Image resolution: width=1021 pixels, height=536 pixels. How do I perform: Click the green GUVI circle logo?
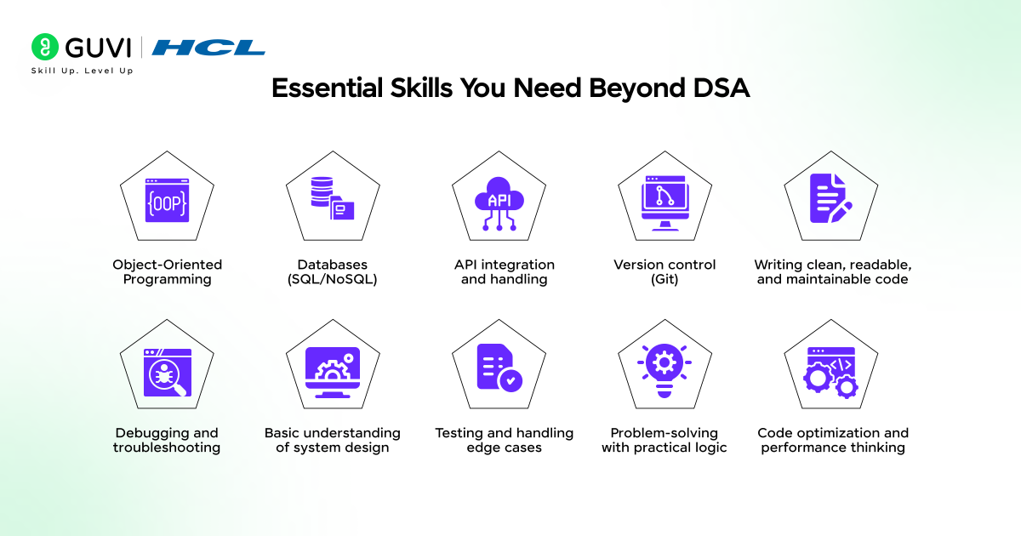tap(44, 47)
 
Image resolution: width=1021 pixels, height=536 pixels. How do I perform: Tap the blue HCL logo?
tap(208, 48)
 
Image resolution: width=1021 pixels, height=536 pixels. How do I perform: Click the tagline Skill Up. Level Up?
tap(82, 71)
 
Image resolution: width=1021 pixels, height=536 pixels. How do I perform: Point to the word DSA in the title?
tap(722, 88)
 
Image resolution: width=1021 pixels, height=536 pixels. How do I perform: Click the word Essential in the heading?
tap(327, 88)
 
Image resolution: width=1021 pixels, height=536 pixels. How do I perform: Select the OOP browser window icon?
tap(167, 200)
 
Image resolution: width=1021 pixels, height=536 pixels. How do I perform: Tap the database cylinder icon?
tap(322, 192)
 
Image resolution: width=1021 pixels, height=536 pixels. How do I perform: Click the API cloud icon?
tap(499, 203)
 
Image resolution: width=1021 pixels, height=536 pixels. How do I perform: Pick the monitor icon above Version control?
tap(665, 203)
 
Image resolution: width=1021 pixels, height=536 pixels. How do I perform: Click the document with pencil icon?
tap(831, 198)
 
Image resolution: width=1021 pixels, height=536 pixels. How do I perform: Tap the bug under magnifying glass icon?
tap(168, 373)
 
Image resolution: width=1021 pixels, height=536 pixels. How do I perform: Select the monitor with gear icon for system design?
tap(333, 373)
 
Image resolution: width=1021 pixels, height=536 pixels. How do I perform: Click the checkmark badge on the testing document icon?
tap(510, 380)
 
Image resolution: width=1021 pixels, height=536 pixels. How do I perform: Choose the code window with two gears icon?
tap(830, 373)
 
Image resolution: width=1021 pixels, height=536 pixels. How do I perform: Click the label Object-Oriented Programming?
tap(168, 271)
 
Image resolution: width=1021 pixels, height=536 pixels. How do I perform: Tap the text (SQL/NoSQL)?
tap(333, 279)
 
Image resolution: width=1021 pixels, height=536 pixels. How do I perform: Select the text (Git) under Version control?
tap(665, 279)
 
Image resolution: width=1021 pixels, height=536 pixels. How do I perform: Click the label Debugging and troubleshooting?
tap(167, 440)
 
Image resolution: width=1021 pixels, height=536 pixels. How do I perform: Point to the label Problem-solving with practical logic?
tap(665, 440)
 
